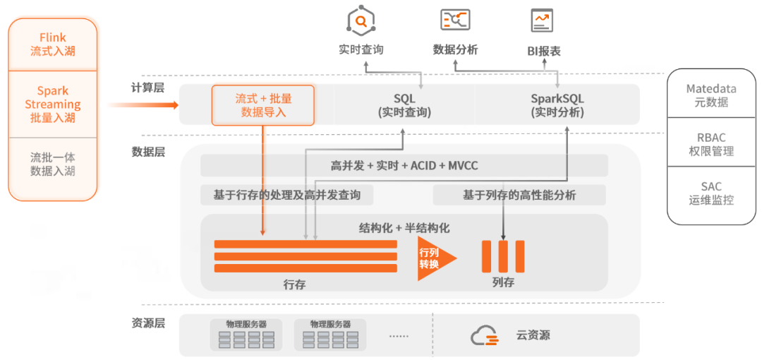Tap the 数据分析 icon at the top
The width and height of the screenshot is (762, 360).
point(454,20)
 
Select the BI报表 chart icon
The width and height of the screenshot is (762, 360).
point(543,20)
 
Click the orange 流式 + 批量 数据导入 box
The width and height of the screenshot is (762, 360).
point(263,105)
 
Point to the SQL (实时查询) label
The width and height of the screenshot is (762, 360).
point(404,105)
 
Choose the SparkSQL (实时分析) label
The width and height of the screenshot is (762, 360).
point(557,105)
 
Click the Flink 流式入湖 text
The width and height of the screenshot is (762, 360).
point(53,44)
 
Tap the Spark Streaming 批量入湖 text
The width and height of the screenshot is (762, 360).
point(53,104)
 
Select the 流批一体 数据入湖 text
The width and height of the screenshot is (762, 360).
point(53,164)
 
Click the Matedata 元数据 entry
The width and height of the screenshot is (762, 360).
point(711,95)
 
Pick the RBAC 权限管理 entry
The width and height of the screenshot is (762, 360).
point(711,145)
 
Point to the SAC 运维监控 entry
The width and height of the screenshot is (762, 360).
point(711,193)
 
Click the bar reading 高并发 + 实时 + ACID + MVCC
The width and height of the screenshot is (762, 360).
point(404,166)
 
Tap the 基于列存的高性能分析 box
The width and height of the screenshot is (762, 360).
point(519,195)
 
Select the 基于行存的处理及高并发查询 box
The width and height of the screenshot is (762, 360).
point(286,195)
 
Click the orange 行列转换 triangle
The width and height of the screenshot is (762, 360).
point(435,258)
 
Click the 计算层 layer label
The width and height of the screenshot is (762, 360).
point(147,88)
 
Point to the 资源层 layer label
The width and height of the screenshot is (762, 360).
point(147,323)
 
